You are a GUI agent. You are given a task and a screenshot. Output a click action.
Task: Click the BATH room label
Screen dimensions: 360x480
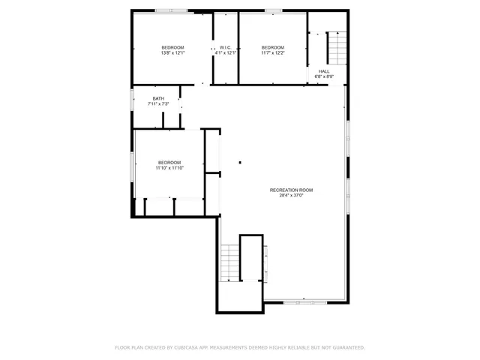(158, 98)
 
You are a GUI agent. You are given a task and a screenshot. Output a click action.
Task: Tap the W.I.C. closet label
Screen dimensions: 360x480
(225, 47)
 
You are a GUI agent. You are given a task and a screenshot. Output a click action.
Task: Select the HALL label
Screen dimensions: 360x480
(324, 71)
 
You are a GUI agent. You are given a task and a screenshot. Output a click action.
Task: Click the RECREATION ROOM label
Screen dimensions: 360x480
(291, 190)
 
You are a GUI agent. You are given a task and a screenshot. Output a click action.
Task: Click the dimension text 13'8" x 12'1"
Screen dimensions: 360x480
(172, 52)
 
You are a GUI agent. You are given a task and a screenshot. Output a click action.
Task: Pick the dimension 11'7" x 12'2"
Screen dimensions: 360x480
(272, 52)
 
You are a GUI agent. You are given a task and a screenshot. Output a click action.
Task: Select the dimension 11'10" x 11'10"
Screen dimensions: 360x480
(169, 168)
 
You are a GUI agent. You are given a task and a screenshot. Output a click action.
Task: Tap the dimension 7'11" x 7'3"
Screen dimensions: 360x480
(158, 103)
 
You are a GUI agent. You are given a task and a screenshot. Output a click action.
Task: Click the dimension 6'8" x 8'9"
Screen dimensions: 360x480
(324, 76)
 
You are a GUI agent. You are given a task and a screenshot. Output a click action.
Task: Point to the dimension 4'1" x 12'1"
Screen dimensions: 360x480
(225, 52)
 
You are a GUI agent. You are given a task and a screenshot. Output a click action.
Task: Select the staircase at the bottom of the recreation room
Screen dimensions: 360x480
(229, 263)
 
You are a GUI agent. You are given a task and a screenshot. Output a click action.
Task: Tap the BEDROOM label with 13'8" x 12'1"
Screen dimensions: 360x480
(172, 47)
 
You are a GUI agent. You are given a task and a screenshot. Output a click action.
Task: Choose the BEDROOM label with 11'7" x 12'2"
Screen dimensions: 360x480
(272, 47)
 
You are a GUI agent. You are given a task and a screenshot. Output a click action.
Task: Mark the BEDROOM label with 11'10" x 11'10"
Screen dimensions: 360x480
(169, 163)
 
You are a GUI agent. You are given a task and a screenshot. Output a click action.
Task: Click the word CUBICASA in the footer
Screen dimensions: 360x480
(183, 347)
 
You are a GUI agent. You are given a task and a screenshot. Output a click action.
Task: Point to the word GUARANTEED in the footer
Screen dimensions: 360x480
(346, 347)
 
